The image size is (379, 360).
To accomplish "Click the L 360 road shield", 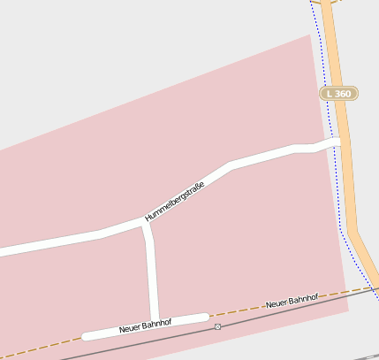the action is point(337,93).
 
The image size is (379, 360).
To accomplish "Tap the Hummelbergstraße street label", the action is point(175,201).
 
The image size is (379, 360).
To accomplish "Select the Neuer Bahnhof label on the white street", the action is point(144,327).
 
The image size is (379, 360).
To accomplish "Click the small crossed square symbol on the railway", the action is point(218,326).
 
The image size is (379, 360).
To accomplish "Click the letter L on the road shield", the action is point(329,93).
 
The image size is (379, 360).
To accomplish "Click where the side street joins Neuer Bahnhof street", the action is point(155,320).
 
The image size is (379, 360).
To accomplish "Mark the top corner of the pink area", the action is point(311,35).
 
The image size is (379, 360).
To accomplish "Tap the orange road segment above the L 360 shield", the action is point(330,44).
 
